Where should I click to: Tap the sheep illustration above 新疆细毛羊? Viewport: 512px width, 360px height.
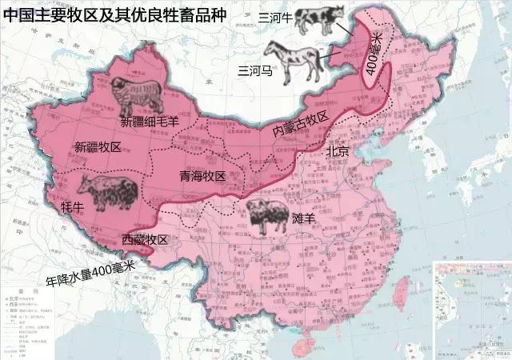[x=136, y=97]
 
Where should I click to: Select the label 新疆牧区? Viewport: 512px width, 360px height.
[x=98, y=147]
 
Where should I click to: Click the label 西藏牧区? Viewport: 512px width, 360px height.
[x=145, y=239]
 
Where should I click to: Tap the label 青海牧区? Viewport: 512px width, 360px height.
[x=202, y=176]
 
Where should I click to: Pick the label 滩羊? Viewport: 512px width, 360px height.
[x=304, y=218]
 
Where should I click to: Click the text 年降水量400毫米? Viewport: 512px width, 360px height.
[x=88, y=275]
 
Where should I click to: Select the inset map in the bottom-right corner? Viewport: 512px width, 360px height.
[x=471, y=308]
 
